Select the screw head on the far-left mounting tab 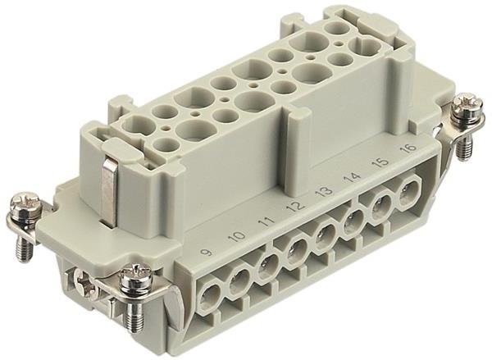pos(22,204)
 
